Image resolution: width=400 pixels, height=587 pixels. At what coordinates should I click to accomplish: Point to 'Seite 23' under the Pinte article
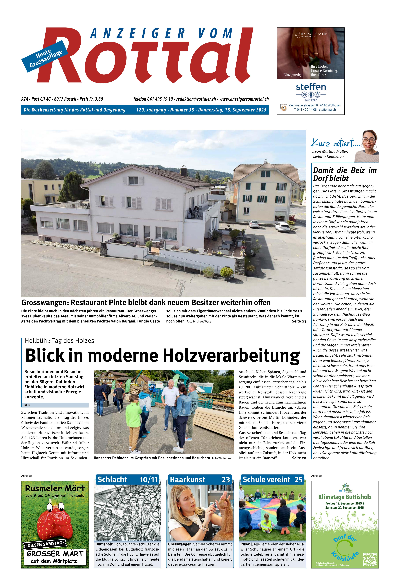click(x=299, y=321)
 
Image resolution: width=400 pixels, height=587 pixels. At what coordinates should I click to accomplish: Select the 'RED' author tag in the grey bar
click(x=27, y=405)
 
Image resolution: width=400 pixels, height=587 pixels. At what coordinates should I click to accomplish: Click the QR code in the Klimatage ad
click(x=370, y=560)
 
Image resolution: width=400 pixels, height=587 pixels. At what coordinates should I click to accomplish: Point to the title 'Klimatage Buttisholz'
click(x=345, y=497)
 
